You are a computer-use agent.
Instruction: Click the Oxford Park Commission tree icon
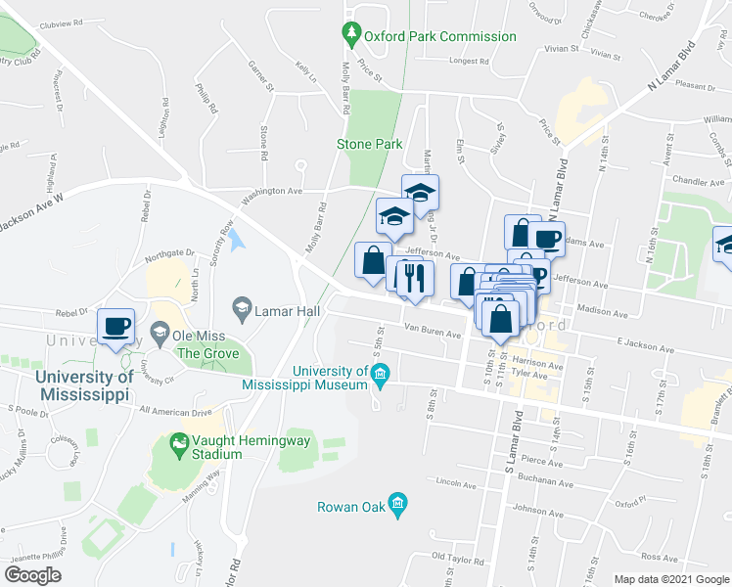click(351, 36)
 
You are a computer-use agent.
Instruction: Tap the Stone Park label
click(369, 144)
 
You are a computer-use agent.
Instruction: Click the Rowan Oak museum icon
click(396, 506)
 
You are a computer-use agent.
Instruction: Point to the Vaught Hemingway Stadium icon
click(178, 446)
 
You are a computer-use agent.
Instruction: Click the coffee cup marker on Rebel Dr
click(116, 327)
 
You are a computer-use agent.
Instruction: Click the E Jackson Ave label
click(647, 343)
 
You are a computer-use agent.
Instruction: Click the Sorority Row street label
click(227, 238)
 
